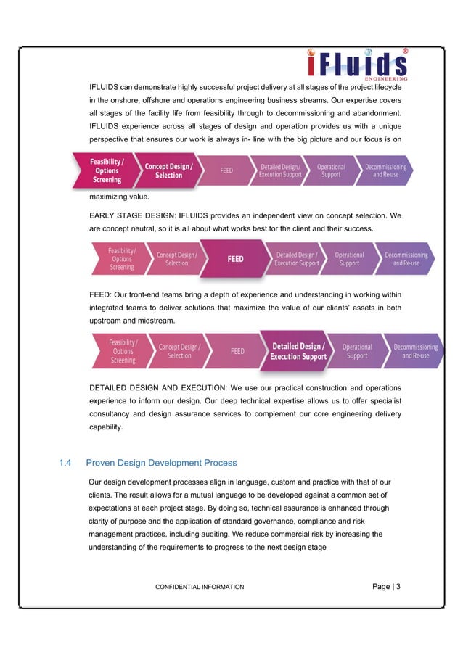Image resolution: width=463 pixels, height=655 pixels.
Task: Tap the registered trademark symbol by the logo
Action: [405, 52]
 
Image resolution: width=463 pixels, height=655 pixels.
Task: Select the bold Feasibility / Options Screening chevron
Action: [106, 170]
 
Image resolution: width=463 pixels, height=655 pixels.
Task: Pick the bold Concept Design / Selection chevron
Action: [168, 170]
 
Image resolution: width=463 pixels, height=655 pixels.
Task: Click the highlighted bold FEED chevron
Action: [235, 259]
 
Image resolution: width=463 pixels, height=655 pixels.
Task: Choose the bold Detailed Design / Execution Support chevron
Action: [298, 352]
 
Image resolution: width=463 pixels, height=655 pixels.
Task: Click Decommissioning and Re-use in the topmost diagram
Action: [385, 170]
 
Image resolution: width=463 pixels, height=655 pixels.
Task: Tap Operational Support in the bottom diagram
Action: [356, 352]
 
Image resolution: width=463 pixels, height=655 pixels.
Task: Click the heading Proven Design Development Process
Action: [161, 462]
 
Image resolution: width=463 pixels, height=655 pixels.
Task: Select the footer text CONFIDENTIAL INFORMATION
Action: [200, 586]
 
